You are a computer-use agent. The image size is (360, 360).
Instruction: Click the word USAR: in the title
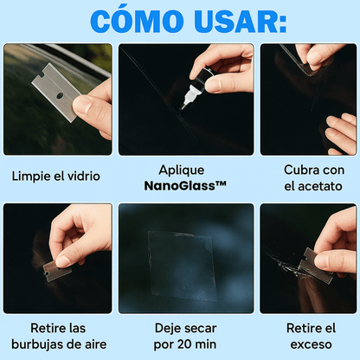(x=232, y=21)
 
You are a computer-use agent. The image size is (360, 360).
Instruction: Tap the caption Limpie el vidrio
(x=56, y=176)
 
